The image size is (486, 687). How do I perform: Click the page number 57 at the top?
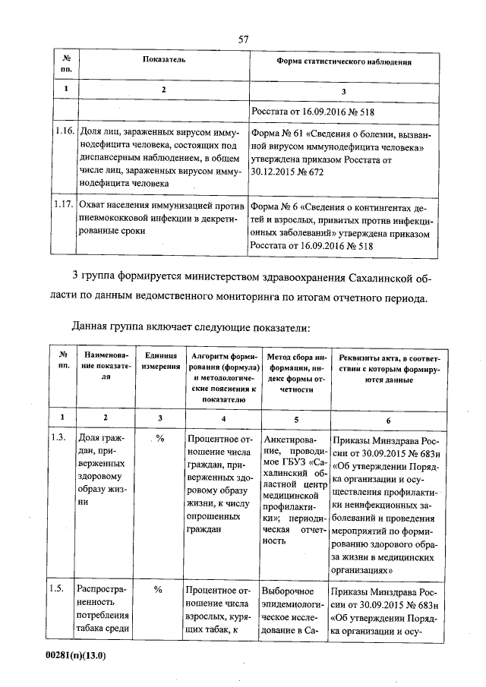coord(244,38)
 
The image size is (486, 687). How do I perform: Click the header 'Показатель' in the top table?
coord(163,59)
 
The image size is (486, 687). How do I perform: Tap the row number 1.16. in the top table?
coord(64,132)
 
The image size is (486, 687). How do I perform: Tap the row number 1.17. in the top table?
coord(64,204)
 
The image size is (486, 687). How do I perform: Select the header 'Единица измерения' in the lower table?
coord(159,361)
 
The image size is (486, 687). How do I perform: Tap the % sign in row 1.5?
coord(159,589)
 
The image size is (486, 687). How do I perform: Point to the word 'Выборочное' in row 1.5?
coord(287,590)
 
